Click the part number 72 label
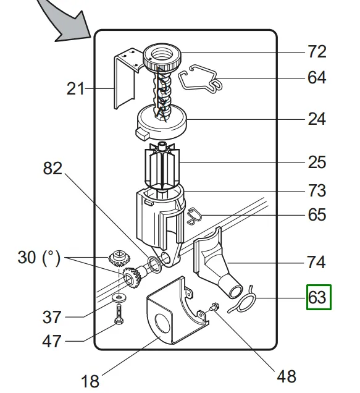tap(317, 52)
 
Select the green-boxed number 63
tap(319, 297)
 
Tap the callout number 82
tap(52, 168)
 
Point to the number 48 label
tap(287, 376)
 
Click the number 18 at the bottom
tap(90, 381)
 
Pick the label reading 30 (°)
tap(39, 258)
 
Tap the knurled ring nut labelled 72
tap(162, 57)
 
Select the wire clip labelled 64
tap(200, 78)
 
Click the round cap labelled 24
tap(162, 121)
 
